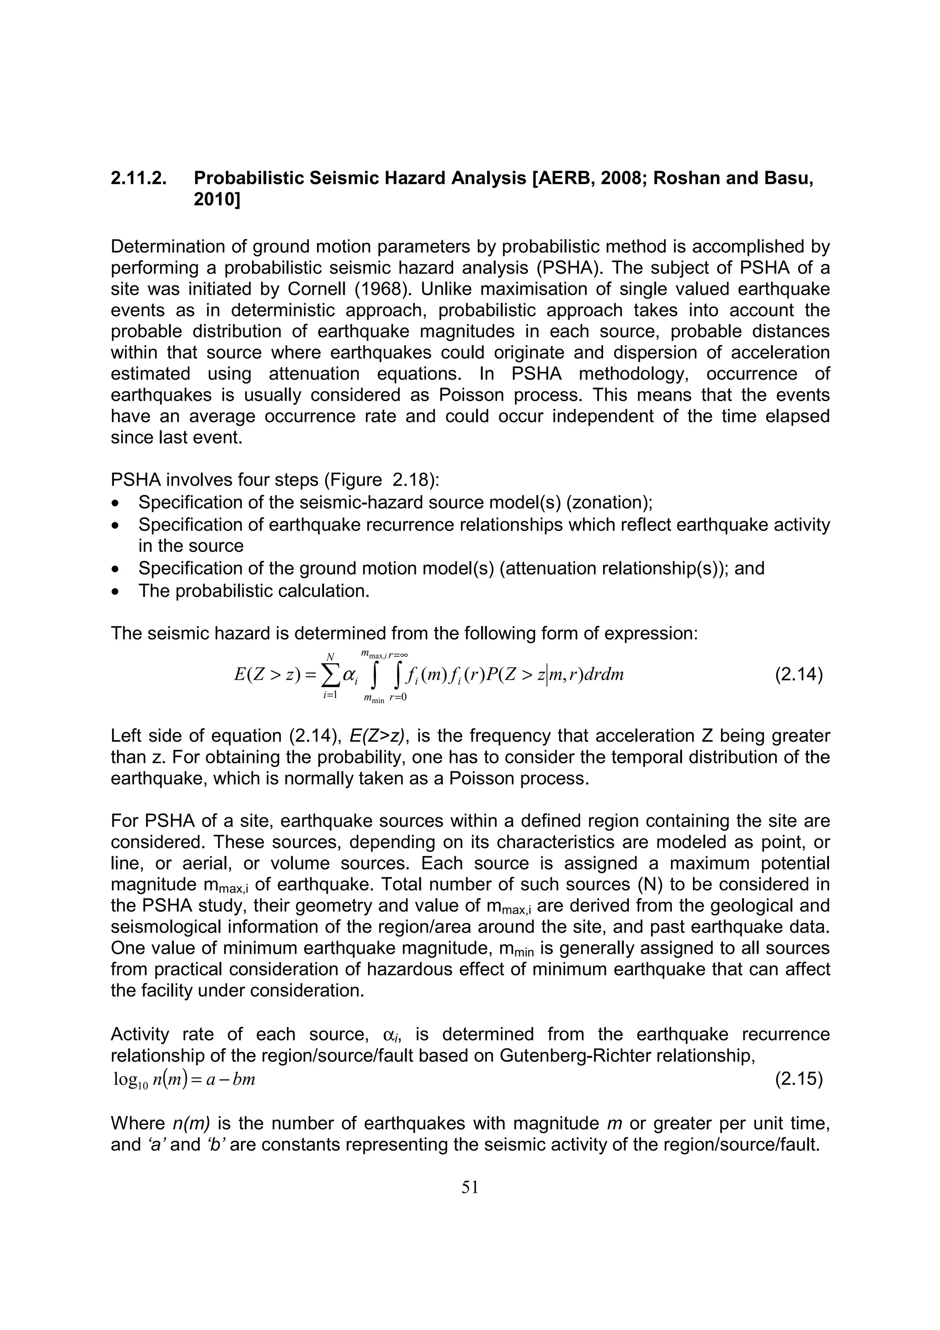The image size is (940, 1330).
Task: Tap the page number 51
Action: [470, 1188]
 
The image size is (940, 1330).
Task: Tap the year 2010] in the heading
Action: [217, 200]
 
